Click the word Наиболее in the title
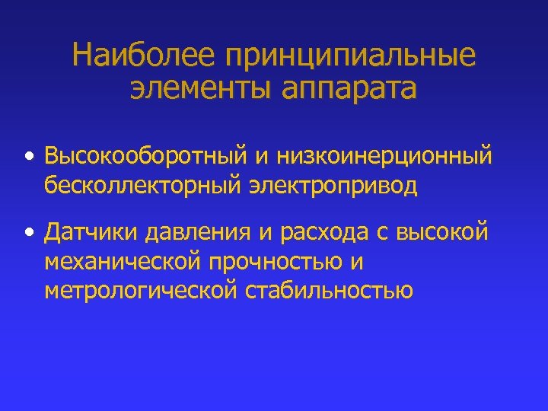[x=142, y=56]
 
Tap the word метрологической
[x=142, y=291]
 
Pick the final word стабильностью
[x=330, y=290]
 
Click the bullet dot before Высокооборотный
[x=28, y=158]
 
